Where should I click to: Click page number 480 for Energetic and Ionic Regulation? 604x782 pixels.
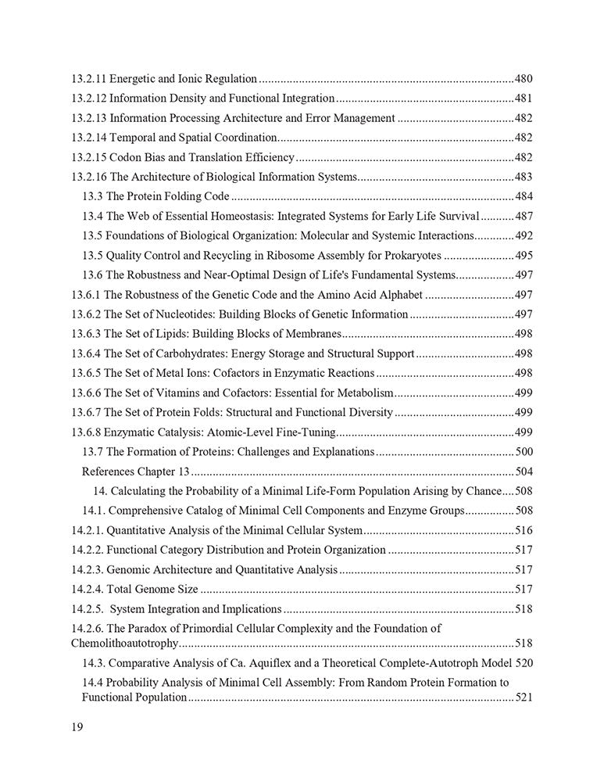[524, 79]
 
